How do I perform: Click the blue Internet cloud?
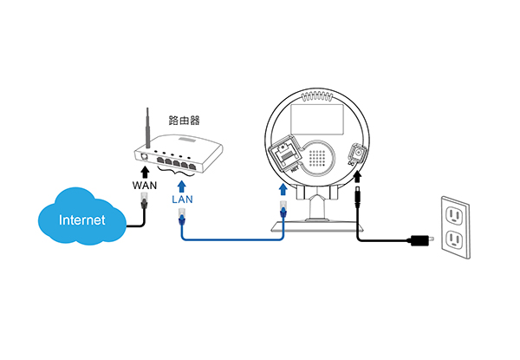82,216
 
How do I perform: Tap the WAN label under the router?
145,185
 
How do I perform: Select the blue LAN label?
182,199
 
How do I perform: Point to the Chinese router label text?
184,120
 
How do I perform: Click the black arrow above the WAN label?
145,173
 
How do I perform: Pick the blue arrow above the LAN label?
181,187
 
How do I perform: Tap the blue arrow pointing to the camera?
283,190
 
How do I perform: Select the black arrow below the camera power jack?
357,177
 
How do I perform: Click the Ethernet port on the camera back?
285,154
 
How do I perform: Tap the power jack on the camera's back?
357,153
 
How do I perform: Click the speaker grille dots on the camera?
317,158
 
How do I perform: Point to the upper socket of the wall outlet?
454,215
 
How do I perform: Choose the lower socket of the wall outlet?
454,240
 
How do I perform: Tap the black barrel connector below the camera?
357,198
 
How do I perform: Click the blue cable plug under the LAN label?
182,216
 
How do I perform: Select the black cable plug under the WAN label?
144,200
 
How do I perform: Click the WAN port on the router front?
144,156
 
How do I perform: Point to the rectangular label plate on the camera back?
316,120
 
